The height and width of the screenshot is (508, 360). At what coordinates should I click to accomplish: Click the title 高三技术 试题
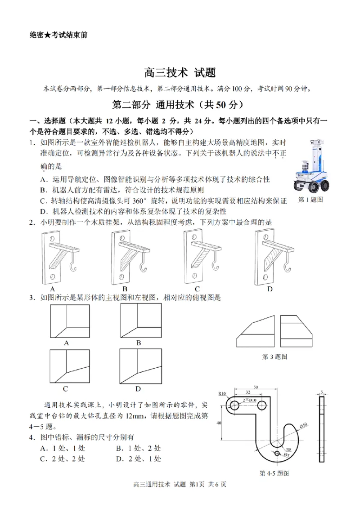[180, 72]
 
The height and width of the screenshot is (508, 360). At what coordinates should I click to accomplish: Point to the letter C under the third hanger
[197, 289]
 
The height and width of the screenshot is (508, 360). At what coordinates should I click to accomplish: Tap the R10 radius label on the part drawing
[222, 394]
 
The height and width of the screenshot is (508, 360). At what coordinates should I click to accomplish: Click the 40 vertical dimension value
[219, 423]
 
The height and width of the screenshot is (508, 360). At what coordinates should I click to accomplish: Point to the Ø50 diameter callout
[304, 425]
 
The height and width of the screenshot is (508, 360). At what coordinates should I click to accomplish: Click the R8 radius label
[288, 449]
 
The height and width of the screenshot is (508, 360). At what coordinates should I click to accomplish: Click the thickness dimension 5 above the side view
[322, 392]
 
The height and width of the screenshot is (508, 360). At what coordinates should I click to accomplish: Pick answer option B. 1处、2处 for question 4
[138, 448]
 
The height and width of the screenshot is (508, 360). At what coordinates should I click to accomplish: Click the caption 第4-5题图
[274, 473]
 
